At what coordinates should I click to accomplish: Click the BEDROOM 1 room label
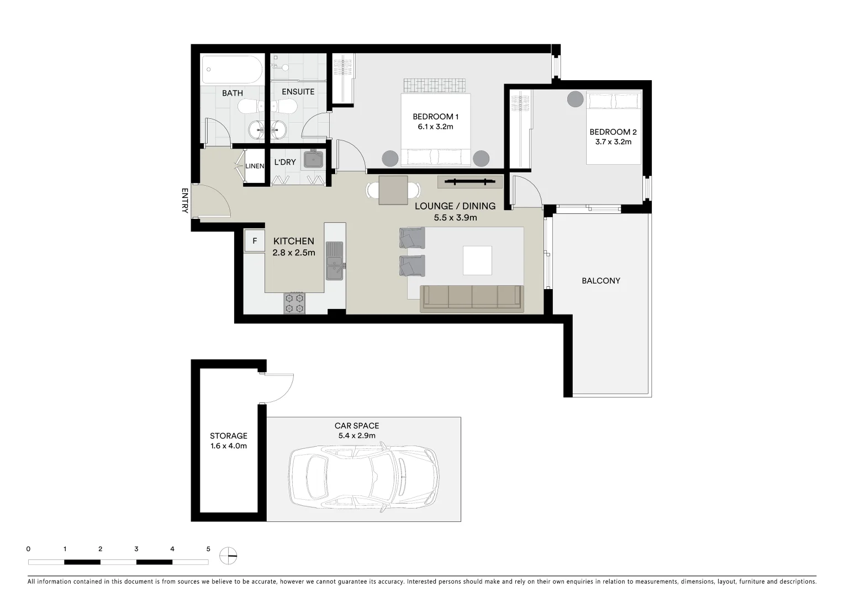pyautogui.click(x=435, y=117)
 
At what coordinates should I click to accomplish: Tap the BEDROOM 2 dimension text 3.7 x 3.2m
pyautogui.click(x=613, y=142)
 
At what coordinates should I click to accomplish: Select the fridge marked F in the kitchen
pyautogui.click(x=255, y=241)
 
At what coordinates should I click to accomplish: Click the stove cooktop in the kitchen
pyautogui.click(x=294, y=303)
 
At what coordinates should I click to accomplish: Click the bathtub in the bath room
pyautogui.click(x=231, y=69)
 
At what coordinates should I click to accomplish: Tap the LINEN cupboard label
pyautogui.click(x=255, y=166)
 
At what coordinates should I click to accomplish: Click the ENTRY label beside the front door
pyautogui.click(x=184, y=201)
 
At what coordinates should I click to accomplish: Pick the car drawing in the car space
pyautogui.click(x=364, y=476)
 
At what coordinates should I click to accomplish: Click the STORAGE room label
pyautogui.click(x=228, y=436)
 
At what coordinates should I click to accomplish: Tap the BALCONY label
pyautogui.click(x=600, y=281)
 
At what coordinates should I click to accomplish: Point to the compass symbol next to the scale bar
pyautogui.click(x=228, y=556)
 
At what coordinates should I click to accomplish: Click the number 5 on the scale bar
pyautogui.click(x=208, y=549)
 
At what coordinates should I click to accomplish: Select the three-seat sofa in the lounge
pyautogui.click(x=471, y=298)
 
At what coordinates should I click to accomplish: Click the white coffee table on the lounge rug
pyautogui.click(x=477, y=260)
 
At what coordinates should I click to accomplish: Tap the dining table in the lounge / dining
pyautogui.click(x=393, y=190)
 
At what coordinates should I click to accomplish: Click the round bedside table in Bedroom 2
pyautogui.click(x=575, y=99)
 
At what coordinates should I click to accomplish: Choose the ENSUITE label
pyautogui.click(x=298, y=92)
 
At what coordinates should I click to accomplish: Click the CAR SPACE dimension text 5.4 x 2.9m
pyautogui.click(x=357, y=436)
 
